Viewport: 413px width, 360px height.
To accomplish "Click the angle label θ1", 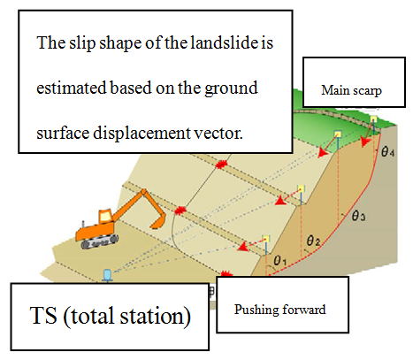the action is click(x=279, y=260).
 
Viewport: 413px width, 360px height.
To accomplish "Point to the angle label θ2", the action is click(x=313, y=241).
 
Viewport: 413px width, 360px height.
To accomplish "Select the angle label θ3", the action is click(x=359, y=216).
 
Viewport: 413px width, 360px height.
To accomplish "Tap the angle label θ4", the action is click(x=387, y=151).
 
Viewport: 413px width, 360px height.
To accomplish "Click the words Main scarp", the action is click(x=351, y=90).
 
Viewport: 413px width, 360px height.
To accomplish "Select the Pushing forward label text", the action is click(x=279, y=310).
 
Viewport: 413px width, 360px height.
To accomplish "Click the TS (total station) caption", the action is click(x=111, y=317).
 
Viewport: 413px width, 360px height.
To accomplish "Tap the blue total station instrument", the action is click(x=108, y=275).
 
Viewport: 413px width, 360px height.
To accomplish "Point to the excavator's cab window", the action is click(x=105, y=217).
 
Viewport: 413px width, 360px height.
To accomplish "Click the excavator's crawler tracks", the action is click(x=99, y=241).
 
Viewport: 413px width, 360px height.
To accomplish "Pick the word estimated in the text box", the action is click(x=71, y=88).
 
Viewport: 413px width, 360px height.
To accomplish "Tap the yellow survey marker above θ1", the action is click(x=266, y=238).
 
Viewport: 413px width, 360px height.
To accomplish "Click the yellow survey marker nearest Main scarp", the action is click(x=373, y=119).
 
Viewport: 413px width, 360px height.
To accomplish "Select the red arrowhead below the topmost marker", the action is click(x=365, y=142).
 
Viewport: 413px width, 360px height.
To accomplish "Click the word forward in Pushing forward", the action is click(x=304, y=310).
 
